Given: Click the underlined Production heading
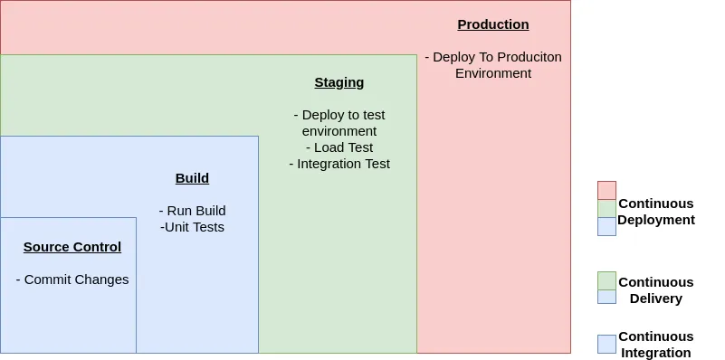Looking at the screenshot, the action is tap(493, 24).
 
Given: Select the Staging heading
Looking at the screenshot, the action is tap(339, 82).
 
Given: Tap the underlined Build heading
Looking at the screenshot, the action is tap(193, 178).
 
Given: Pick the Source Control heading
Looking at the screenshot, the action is tap(72, 247).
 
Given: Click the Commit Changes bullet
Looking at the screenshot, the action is tap(72, 279).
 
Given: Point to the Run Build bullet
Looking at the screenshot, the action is tap(193, 211).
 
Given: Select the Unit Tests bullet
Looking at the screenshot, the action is tap(193, 227).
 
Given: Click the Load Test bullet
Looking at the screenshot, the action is tap(339, 147).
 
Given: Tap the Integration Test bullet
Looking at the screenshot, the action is tap(339, 164).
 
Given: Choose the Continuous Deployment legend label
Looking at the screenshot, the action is tap(656, 212).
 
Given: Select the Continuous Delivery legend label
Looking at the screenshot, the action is tap(656, 290).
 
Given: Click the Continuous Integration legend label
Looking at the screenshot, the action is tap(656, 345).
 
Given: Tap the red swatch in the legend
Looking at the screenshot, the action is tap(606, 190).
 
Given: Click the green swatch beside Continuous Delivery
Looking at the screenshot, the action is tap(606, 281).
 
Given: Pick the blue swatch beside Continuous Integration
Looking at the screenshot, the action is tap(606, 345).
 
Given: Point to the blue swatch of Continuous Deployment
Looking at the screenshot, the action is tap(606, 227).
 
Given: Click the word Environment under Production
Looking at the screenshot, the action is tap(493, 73).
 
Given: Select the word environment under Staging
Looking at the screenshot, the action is tap(339, 131).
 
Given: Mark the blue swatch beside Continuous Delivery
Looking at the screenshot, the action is tap(606, 298).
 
